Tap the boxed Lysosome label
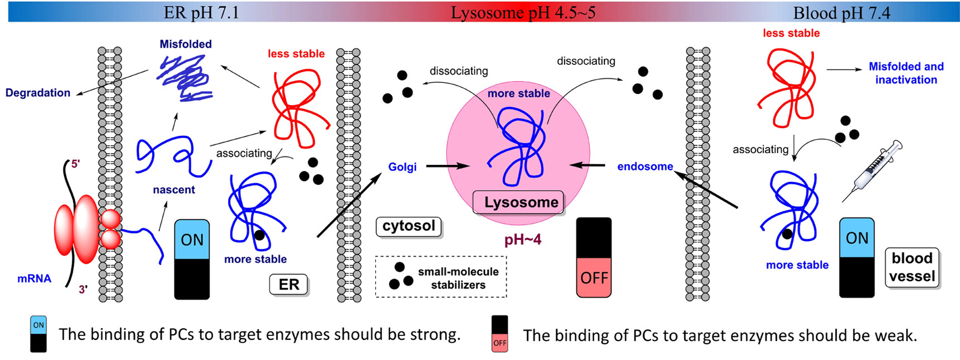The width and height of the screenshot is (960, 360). coord(520,202)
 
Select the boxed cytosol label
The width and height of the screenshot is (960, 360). coord(409,226)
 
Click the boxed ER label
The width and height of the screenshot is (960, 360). coord(289,285)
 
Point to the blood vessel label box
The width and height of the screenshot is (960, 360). coord(911,267)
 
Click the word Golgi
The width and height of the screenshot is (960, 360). coord(402,167)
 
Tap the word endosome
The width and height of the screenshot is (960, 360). coord(645,167)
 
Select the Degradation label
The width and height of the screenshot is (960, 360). coord(37,93)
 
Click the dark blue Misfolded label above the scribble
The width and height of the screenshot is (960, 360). coord(186,44)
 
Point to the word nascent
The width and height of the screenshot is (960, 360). coord(174,190)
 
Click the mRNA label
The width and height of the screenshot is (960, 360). coord(34,278)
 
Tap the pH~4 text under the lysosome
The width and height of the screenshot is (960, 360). coord(523,240)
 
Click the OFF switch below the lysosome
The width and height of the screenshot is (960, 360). coord(594,257)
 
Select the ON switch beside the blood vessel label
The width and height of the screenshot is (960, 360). coord(857,257)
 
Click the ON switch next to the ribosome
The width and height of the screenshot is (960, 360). coord(192,259)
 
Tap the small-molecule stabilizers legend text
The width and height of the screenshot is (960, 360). coord(458,278)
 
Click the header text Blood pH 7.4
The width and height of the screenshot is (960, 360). coord(841,12)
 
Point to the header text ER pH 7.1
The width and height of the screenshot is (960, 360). coord(201,12)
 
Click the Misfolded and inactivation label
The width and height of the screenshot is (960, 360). coord(906,73)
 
